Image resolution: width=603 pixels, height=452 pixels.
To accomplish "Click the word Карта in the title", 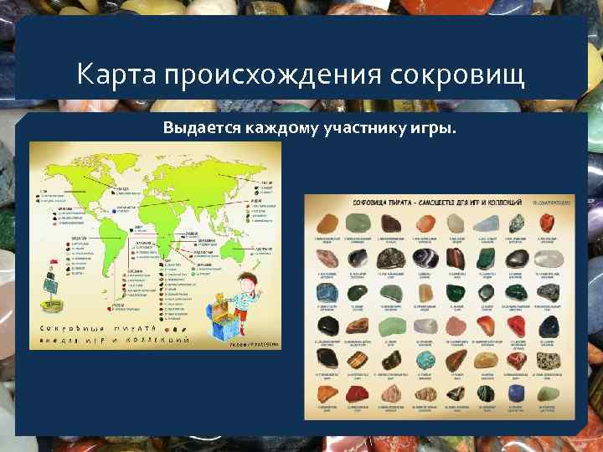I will point(113,74).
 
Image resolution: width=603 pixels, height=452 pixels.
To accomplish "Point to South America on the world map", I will point(105,239).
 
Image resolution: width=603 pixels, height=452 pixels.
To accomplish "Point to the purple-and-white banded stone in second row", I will point(425,259).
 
